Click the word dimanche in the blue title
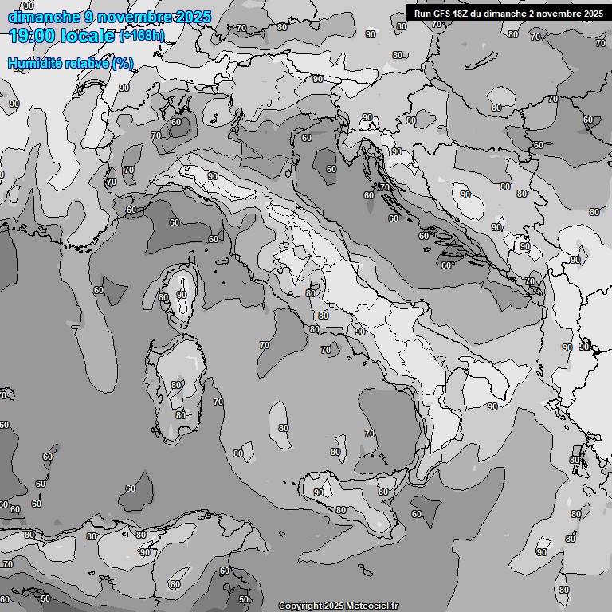[x=44, y=17]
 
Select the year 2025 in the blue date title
[x=194, y=17]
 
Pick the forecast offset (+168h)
[x=142, y=36]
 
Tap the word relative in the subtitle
[x=84, y=63]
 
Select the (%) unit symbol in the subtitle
[x=122, y=63]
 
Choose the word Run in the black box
[x=422, y=14]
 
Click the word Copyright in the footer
[x=300, y=606]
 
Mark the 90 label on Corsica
[x=182, y=295]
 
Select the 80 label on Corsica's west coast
[x=163, y=298]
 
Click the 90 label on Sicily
[x=319, y=492]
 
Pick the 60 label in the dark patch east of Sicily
[x=417, y=514]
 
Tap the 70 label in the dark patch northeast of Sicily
[x=369, y=433]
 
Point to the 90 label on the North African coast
[x=145, y=552]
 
